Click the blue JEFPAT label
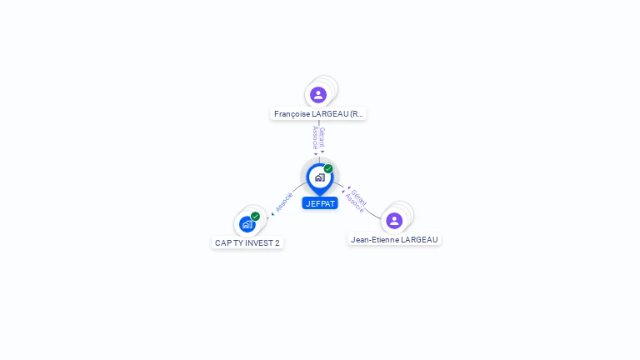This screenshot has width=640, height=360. coord(320,203)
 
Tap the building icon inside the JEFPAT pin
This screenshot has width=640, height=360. coord(320,177)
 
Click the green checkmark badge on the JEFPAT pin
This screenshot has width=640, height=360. coord(328,168)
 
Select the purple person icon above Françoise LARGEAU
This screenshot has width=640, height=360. coord(318,95)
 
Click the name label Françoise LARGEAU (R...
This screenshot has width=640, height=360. coord(318,114)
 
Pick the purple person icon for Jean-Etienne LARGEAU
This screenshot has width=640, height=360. coord(394,221)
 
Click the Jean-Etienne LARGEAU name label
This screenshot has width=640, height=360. coord(394,240)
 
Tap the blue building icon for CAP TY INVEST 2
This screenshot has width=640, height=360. coord(247,224)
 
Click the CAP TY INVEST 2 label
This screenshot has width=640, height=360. coord(247,242)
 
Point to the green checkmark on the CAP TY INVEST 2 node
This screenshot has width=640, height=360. coord(256,217)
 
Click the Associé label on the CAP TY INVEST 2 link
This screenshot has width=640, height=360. coord(284,202)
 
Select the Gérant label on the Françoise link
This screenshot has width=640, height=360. coord(322,137)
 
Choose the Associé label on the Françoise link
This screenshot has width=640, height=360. coord(315,137)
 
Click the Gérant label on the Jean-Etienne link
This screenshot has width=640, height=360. coord(359,197)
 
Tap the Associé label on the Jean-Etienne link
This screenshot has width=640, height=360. coord(354,203)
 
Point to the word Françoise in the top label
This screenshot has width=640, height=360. coord(292,114)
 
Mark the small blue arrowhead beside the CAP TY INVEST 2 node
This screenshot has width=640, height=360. coord(272,214)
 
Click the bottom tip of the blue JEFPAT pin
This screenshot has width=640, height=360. coord(320,196)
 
